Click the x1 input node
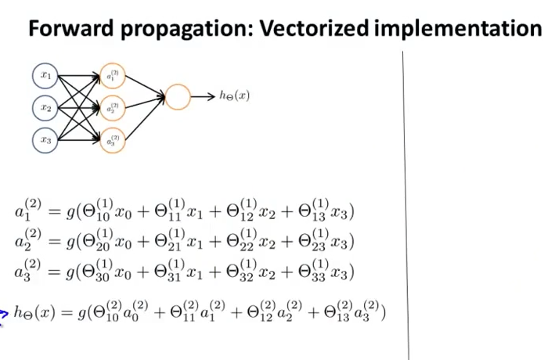tap(45, 77)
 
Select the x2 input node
tap(45, 107)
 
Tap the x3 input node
tap(45, 140)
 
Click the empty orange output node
tap(177, 97)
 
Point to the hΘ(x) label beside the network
tap(234, 96)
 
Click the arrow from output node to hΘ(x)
tap(202, 97)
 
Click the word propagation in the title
tap(184, 29)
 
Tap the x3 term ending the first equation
tap(342, 213)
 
